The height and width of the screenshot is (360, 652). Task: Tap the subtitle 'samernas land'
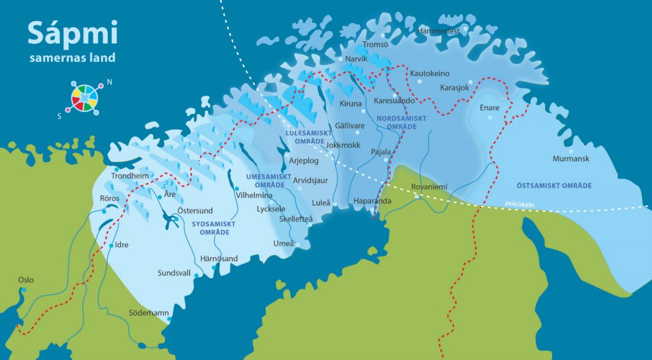(72, 58)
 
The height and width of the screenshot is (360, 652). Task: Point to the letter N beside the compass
(110, 82)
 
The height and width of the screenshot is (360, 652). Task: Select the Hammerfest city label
(437, 31)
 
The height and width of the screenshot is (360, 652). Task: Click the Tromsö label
(375, 45)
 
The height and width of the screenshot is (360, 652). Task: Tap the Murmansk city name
(571, 159)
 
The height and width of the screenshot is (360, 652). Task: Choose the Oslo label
(25, 280)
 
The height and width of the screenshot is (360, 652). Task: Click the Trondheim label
(129, 176)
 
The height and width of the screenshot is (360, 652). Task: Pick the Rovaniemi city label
(430, 187)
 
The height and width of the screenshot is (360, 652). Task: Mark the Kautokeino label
(430, 74)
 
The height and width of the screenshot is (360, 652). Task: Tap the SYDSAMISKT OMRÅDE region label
(213, 228)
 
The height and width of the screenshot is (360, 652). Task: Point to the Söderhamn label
(149, 313)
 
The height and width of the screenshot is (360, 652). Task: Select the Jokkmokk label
(343, 145)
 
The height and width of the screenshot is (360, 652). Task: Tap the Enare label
(490, 108)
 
